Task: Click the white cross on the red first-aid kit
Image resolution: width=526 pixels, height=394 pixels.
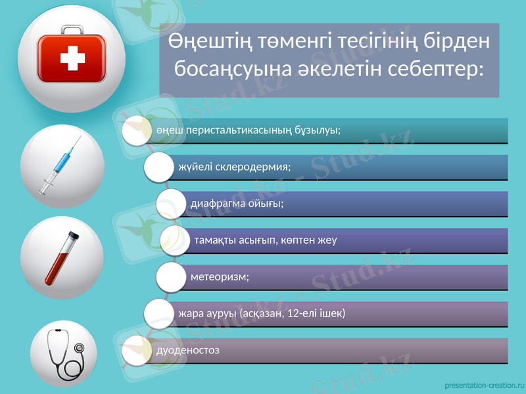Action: pos(72,60)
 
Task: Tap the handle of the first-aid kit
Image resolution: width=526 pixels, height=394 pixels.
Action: pos(72,30)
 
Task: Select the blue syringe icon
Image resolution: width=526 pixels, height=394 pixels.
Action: pos(62,165)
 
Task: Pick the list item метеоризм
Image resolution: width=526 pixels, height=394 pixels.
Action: pos(220,276)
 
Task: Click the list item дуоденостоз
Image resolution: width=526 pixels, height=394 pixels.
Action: pos(188,349)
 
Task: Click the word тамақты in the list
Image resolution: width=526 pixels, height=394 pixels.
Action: pos(216,240)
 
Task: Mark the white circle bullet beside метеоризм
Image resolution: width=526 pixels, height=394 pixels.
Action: pos(172,276)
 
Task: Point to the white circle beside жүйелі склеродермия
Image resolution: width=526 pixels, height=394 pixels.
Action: pos(160,167)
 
